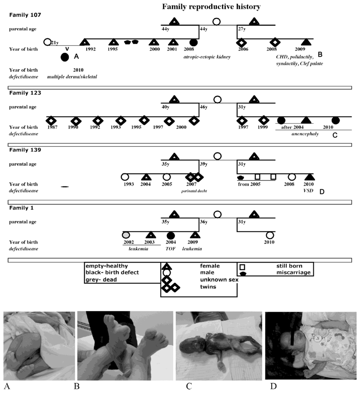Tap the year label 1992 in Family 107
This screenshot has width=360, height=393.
pos(90,50)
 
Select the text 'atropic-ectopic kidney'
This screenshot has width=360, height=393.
pos(206,57)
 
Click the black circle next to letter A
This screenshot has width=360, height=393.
pos(65,57)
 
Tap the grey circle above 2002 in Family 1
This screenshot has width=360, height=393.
pos(127,235)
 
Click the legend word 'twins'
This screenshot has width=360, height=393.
pos(207,287)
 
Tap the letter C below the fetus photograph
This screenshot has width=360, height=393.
pos(189,386)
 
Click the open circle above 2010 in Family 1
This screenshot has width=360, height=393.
pos(269,235)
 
